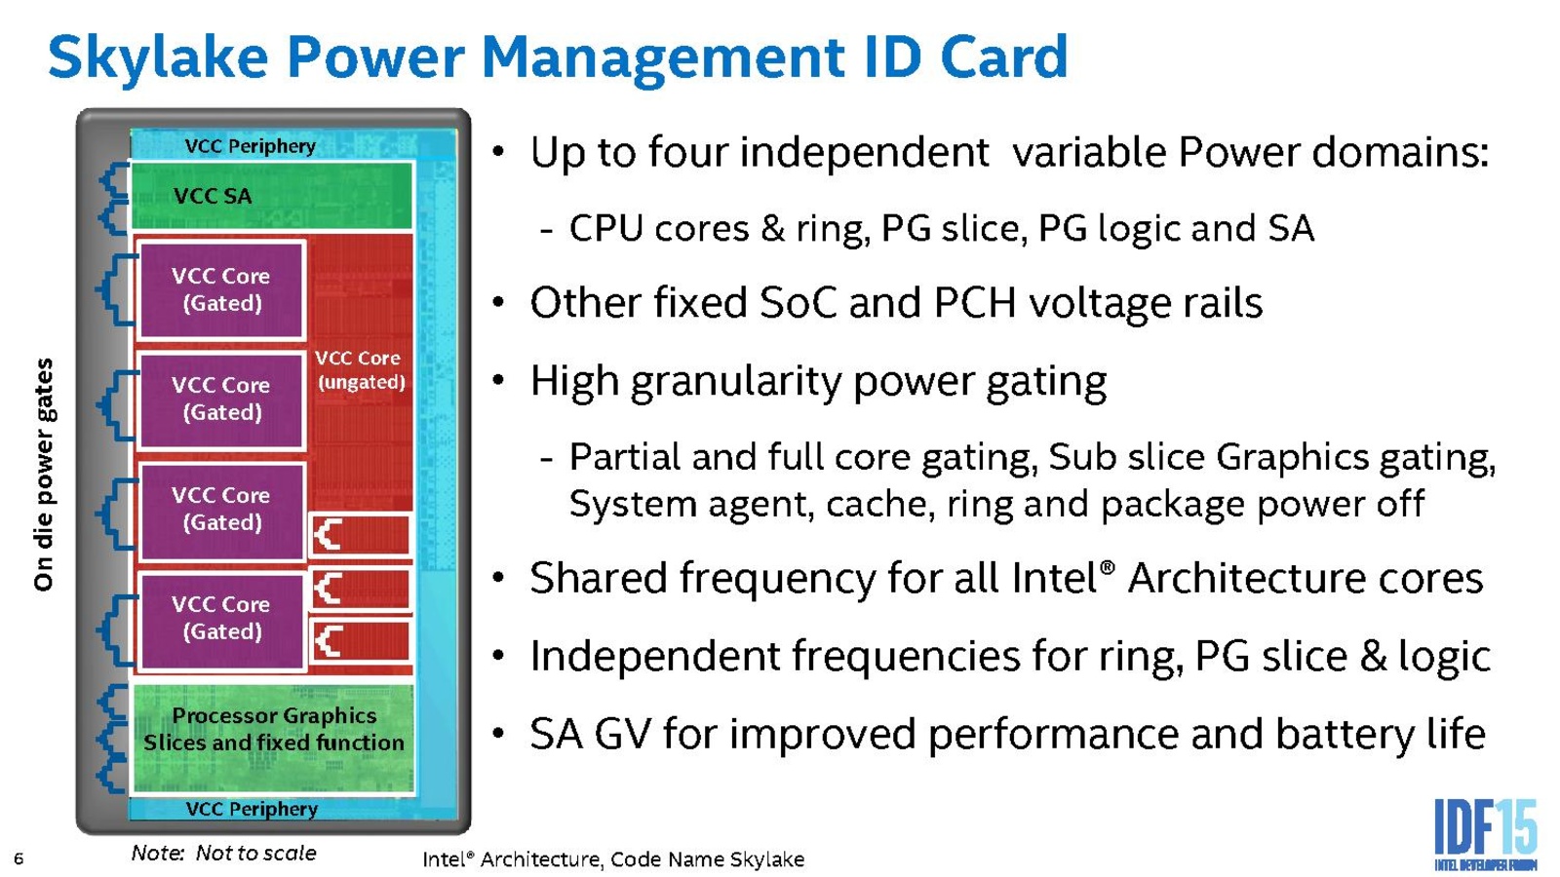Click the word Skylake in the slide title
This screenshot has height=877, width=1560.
[x=159, y=58]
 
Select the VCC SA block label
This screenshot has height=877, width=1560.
[x=213, y=196]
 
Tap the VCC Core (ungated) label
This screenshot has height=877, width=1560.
[x=360, y=369]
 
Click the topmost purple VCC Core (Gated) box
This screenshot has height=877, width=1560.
[x=222, y=289]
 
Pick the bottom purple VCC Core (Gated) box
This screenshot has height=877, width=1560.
[x=222, y=620]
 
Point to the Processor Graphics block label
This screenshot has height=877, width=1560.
[x=274, y=729]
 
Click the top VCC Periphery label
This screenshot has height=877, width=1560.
[x=250, y=146]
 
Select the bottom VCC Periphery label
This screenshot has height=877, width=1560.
[x=252, y=809]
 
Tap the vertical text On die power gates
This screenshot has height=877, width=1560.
[x=43, y=475]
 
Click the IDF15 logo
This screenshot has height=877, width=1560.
[x=1486, y=835]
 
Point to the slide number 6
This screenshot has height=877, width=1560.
[x=19, y=858]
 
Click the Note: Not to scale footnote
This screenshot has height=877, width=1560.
[x=223, y=853]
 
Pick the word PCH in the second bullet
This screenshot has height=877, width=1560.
[x=974, y=303]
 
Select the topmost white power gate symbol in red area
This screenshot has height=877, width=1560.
[x=328, y=535]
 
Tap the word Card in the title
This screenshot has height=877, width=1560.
[x=1003, y=57]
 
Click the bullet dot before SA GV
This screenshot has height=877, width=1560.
[x=497, y=734]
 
